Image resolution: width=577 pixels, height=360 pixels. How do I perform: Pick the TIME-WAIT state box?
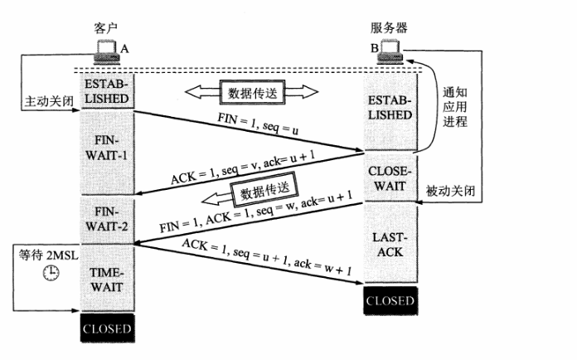[108, 280]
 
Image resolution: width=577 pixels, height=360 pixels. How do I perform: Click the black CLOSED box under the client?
[108, 328]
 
